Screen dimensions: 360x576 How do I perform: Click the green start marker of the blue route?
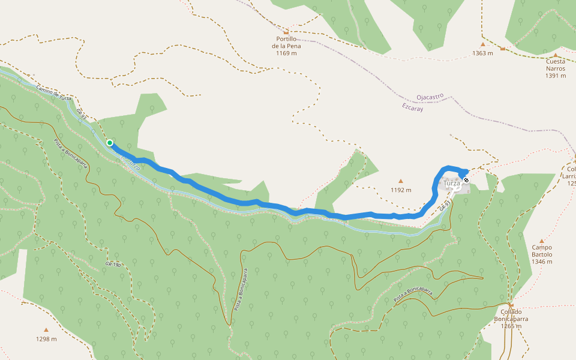(x=110, y=143)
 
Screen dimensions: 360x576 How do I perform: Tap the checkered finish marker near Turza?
(x=466, y=179)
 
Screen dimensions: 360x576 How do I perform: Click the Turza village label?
(x=451, y=183)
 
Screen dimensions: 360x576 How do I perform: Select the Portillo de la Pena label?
(x=286, y=46)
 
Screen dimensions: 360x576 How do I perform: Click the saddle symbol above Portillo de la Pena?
(x=286, y=32)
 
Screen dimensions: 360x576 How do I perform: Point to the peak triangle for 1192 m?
(x=401, y=181)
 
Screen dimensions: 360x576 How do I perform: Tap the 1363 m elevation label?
(x=482, y=53)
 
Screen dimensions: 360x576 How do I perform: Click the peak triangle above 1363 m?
(x=482, y=44)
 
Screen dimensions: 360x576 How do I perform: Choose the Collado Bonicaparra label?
(x=512, y=316)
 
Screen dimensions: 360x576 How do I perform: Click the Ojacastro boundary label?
(x=429, y=96)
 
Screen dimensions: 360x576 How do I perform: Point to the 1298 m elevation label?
(x=46, y=339)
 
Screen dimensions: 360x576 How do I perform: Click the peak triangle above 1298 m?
(x=46, y=329)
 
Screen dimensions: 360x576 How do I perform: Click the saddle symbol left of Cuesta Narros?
(x=503, y=48)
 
